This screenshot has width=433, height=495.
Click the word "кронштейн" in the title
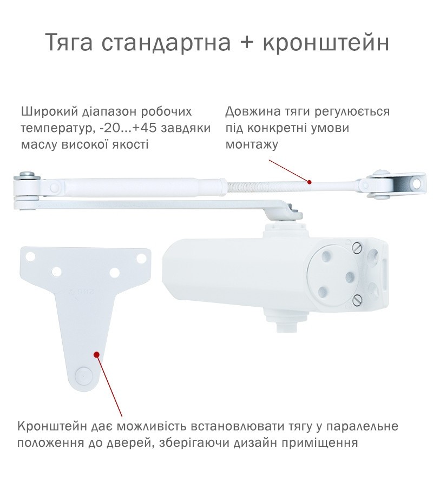pyautogui.click(x=326, y=42)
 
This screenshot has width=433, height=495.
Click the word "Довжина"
pyautogui.click(x=253, y=112)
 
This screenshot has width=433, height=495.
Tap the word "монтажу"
pyautogui.click(x=252, y=145)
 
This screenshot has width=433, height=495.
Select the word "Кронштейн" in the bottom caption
pyautogui.click(x=52, y=426)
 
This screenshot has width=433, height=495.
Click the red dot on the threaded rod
pyautogui.click(x=310, y=182)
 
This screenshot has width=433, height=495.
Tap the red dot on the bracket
pyautogui.click(x=97, y=354)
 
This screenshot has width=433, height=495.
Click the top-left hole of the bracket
pyautogui.click(x=31, y=256)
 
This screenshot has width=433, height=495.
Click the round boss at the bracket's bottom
pyautogui.click(x=82, y=374)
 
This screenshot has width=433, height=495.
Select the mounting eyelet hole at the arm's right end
pyautogui.click(x=418, y=183)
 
